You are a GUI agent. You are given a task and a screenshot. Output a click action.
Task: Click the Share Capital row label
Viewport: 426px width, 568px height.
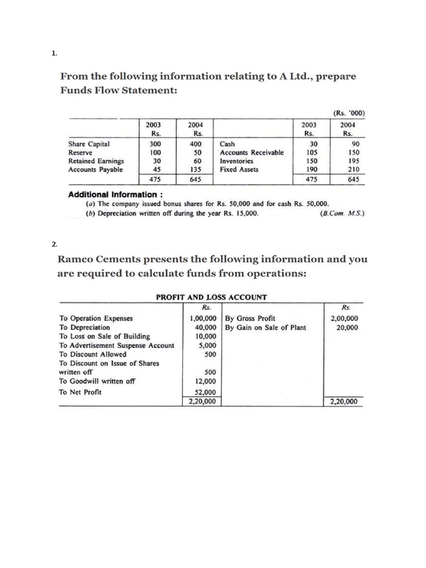point(89,144)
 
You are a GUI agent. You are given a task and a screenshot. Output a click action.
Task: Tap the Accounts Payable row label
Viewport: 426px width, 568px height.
point(95,170)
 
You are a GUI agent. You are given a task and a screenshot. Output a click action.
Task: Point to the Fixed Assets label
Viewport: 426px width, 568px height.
point(239,170)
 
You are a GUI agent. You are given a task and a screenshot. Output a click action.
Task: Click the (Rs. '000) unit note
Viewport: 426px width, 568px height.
point(349,114)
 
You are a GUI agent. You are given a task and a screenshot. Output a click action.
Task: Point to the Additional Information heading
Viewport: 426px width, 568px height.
point(115,195)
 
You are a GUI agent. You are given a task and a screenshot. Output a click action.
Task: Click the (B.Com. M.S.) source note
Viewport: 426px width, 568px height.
point(342,212)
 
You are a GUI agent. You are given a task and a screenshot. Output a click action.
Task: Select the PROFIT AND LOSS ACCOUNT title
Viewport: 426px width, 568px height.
point(211,297)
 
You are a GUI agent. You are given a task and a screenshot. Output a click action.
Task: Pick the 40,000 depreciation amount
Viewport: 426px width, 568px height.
point(202,327)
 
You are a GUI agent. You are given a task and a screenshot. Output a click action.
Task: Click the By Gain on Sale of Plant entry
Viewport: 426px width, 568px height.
point(266,327)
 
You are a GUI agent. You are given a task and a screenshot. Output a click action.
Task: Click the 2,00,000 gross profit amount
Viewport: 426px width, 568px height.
point(344,318)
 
